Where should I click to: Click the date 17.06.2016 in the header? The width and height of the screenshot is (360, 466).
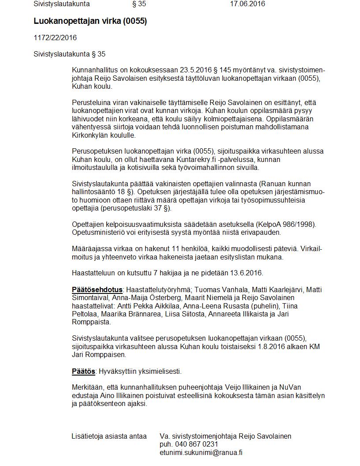(x=247, y=4)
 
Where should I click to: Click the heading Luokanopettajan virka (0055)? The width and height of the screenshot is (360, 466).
(x=90, y=21)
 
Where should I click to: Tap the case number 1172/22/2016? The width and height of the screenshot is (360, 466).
(x=55, y=38)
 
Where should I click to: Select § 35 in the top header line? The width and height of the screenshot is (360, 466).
(x=139, y=4)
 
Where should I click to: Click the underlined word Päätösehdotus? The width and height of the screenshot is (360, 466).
(x=97, y=290)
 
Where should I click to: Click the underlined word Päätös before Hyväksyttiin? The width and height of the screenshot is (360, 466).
(x=83, y=371)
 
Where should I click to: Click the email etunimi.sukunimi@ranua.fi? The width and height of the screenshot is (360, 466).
(x=201, y=452)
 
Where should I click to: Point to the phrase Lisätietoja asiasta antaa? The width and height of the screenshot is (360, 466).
(x=109, y=436)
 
